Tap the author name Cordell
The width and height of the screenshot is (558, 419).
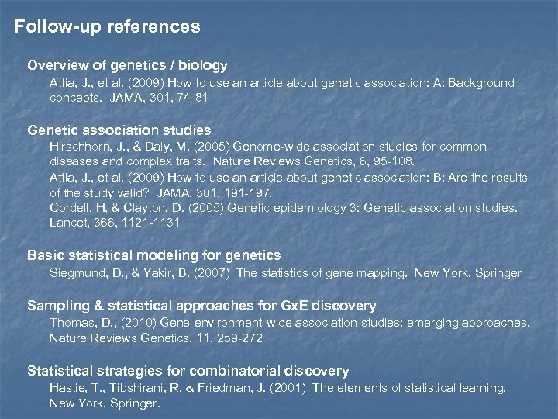tap(70, 207)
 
